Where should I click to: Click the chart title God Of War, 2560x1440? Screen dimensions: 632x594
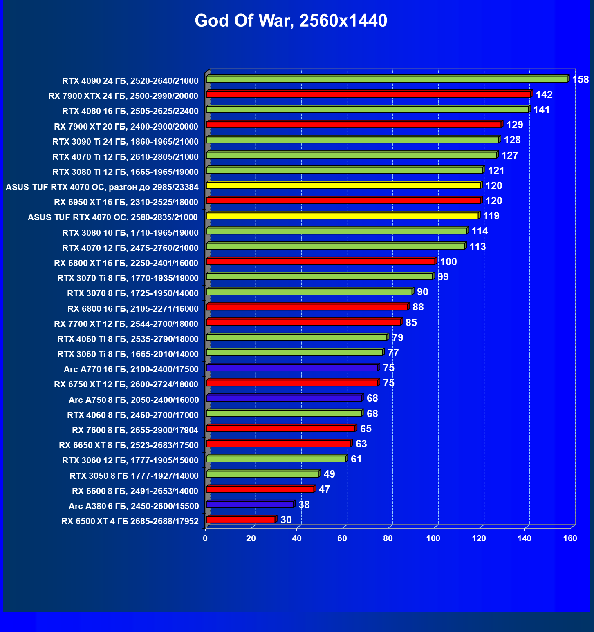[291, 21]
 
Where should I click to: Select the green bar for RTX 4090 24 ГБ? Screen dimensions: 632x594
[386, 79]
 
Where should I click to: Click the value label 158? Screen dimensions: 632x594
[581, 80]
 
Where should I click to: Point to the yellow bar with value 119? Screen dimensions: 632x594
[342, 216]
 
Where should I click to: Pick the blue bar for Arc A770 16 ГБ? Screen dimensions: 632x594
[292, 368]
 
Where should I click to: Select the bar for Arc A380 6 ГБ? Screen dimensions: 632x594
[250, 505]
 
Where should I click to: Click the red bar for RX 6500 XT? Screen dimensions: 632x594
[241, 520]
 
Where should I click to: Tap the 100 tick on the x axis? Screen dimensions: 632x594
[433, 538]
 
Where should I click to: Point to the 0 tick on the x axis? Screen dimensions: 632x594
[205, 538]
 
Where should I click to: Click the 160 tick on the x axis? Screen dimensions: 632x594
[570, 538]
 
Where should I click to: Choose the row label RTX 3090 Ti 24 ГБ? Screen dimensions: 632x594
[126, 142]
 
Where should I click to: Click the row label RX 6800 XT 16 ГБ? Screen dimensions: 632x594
[126, 263]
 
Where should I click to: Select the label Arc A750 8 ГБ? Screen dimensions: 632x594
[134, 400]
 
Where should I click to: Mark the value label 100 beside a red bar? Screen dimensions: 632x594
[448, 262]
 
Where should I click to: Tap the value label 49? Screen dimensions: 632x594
[329, 474]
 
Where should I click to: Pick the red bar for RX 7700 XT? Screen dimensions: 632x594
[303, 322]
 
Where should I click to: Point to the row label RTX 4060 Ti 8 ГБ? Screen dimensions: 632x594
[128, 339]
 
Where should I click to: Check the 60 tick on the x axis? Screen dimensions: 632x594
[342, 538]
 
